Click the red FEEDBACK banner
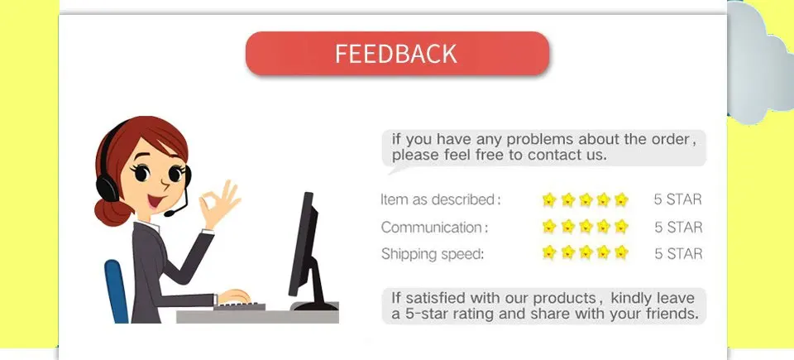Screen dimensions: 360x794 (x=397, y=54)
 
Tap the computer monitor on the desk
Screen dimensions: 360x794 (x=304, y=244)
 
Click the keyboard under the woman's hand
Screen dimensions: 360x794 (x=240, y=307)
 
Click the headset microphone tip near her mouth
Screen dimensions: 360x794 (x=169, y=214)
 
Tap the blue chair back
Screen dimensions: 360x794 (x=117, y=290)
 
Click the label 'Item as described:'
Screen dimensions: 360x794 (x=440, y=199)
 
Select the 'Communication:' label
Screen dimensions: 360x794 (x=434, y=227)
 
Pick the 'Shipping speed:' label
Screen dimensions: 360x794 (x=432, y=254)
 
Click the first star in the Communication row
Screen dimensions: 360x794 (x=549, y=227)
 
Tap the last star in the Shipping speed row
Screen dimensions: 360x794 (x=621, y=252)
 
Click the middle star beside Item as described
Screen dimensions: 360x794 (x=586, y=199)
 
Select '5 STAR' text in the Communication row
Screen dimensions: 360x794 (x=678, y=227)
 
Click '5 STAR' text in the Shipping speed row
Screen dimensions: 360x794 (x=678, y=254)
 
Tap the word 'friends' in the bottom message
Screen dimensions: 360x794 (x=669, y=314)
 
